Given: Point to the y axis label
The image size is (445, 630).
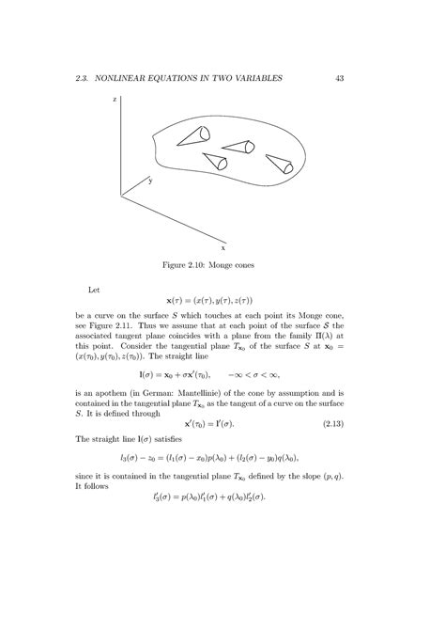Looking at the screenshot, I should click(x=148, y=179).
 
